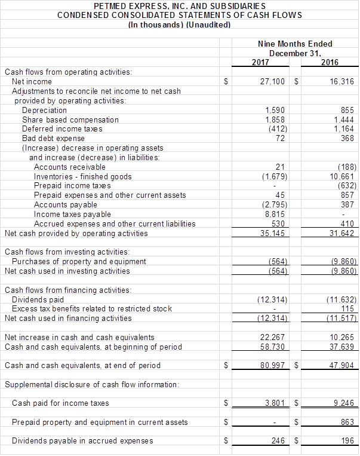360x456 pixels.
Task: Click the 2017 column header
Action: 260,62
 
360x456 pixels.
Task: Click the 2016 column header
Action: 330,62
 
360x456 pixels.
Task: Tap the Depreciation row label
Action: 44,111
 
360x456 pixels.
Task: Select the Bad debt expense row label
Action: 53,138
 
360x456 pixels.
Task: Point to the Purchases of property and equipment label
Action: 79,261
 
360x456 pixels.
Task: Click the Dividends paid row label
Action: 38,299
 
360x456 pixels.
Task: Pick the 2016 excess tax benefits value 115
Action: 348,308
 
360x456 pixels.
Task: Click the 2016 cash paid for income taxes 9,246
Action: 344,403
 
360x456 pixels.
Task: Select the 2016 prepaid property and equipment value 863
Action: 348,422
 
